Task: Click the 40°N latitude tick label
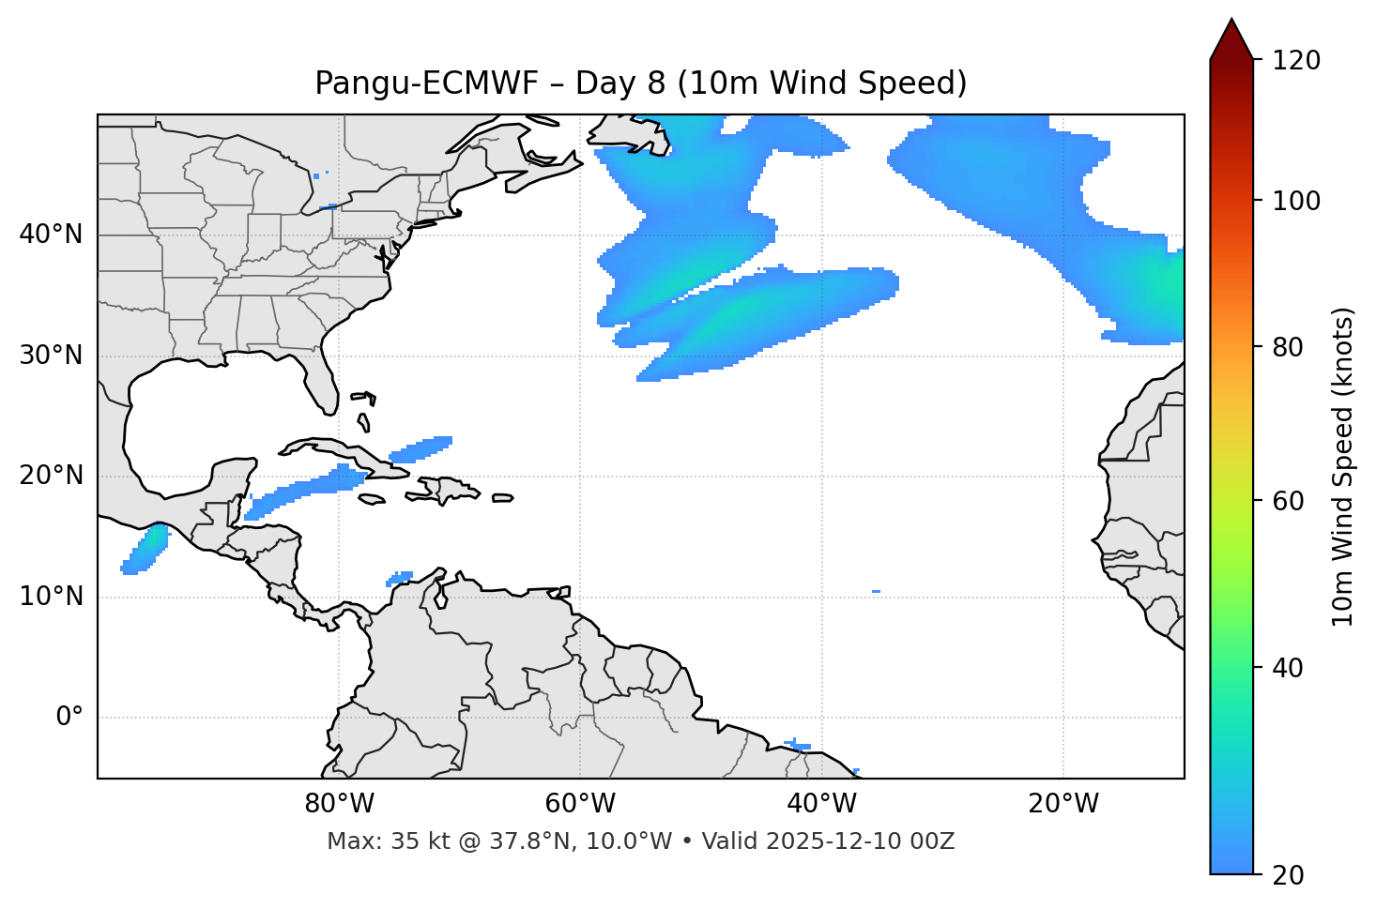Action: (51, 235)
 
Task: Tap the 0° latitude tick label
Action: (69, 718)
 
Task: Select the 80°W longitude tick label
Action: (339, 804)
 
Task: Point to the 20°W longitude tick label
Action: (1063, 804)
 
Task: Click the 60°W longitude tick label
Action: (580, 804)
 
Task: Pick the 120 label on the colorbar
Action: (1296, 60)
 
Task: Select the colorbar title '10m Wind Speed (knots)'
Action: (1343, 466)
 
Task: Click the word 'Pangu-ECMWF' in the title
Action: (426, 83)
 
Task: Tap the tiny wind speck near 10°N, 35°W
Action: (876, 591)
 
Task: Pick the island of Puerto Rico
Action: (502, 498)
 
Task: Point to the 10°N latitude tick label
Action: (51, 597)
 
